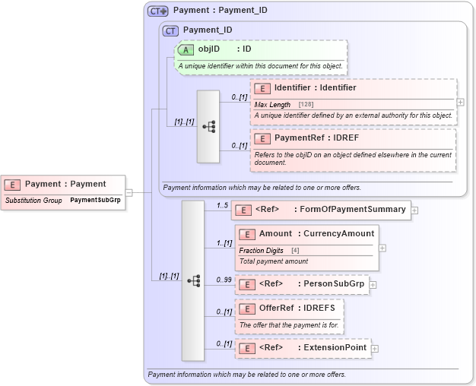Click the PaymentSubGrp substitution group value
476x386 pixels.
tap(95, 200)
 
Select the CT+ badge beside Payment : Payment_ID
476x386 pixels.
tap(158, 11)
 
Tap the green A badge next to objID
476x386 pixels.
tap(186, 49)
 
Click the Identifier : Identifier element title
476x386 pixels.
tap(315, 88)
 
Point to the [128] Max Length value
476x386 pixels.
tap(306, 104)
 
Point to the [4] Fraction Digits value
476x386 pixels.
tap(294, 250)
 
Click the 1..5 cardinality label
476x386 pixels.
tap(222, 205)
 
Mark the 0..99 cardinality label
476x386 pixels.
tap(224, 280)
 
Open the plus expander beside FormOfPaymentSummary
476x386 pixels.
tap(414, 210)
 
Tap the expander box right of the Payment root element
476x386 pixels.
tap(129, 192)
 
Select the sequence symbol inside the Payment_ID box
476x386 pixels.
tap(208, 126)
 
